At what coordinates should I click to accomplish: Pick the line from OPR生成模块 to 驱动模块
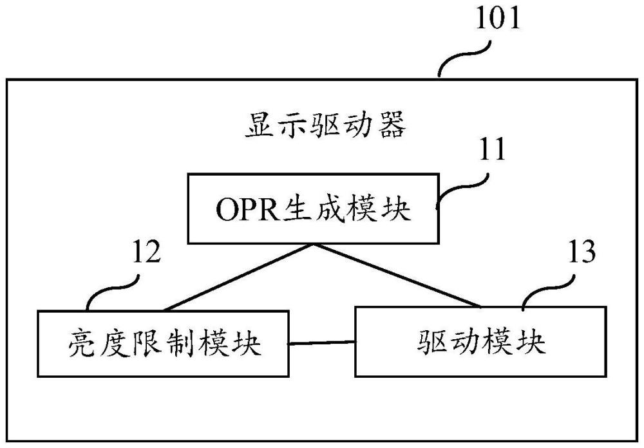[396, 277]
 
